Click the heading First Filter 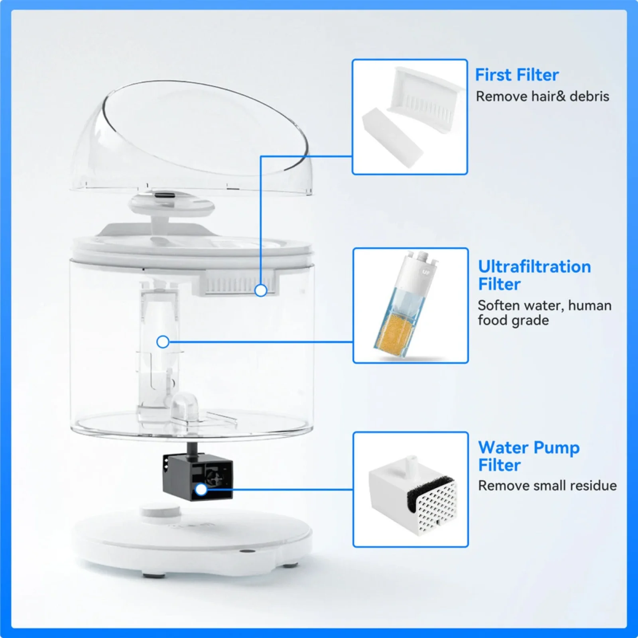click(x=516, y=75)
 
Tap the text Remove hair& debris click(x=542, y=96)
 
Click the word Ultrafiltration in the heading click(x=534, y=267)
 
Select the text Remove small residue click(x=547, y=486)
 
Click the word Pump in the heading click(x=556, y=448)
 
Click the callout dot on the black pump click(x=201, y=489)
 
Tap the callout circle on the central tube click(x=163, y=342)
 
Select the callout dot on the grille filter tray click(x=261, y=290)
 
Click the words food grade click(x=513, y=321)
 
